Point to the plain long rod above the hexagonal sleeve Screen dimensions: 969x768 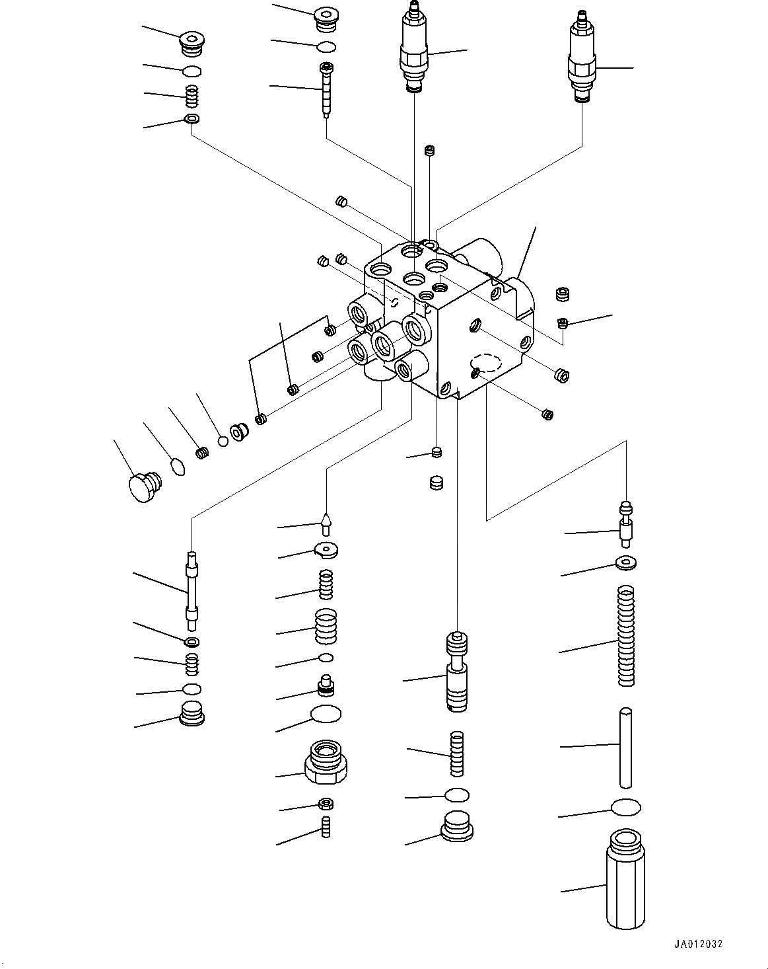(x=627, y=747)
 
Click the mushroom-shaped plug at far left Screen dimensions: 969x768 (x=141, y=488)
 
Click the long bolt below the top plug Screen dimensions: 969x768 (x=327, y=90)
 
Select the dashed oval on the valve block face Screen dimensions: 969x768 (x=487, y=363)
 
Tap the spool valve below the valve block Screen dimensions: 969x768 (x=456, y=672)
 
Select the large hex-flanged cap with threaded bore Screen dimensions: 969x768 (x=326, y=761)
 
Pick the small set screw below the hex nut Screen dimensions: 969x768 (x=325, y=827)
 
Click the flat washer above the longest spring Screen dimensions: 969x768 (x=625, y=563)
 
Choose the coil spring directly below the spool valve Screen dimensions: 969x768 (x=456, y=754)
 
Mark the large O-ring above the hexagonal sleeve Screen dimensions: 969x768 (x=626, y=806)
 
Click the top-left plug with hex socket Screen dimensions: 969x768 (x=192, y=44)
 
